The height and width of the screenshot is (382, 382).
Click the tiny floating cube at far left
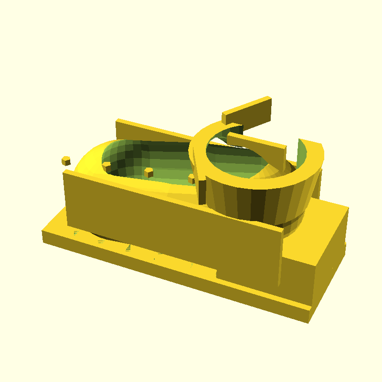(x=66, y=160)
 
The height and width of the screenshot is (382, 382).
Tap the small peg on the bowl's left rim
(x=106, y=167)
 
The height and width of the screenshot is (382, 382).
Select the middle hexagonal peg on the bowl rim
(x=149, y=172)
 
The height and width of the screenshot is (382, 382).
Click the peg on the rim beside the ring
(x=192, y=179)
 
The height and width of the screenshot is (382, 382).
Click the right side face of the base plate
(x=329, y=267)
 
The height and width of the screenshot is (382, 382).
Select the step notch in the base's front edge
(x=217, y=274)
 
